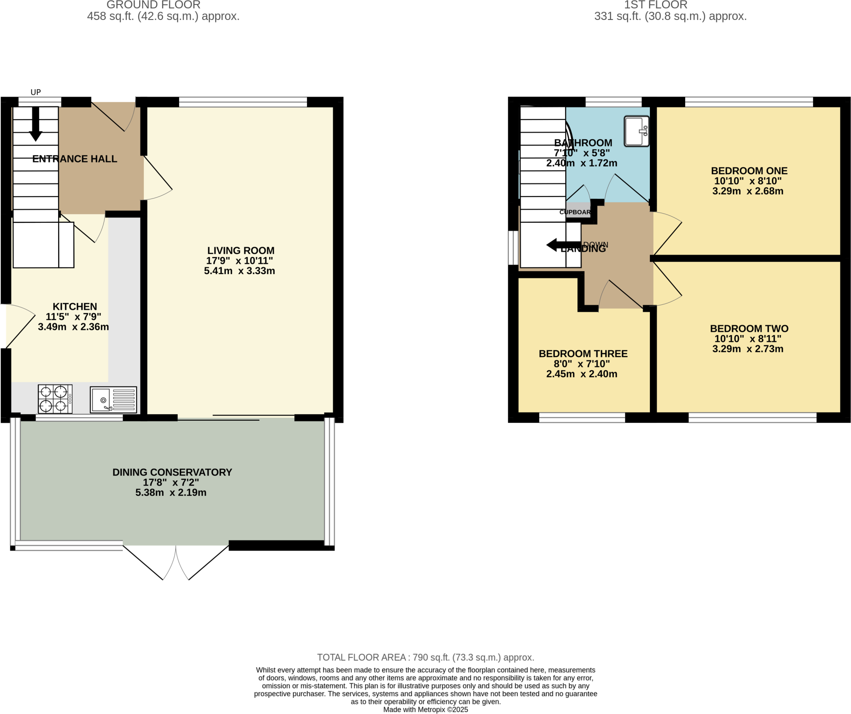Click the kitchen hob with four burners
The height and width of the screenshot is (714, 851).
pos(55,399)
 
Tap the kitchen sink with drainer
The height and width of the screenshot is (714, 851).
pos(113,400)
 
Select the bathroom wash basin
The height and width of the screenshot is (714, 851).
pos(636,131)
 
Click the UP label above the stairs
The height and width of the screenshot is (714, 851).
pos(36,92)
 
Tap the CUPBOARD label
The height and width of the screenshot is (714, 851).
pos(576,212)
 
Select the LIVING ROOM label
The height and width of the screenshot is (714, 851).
pos(241,250)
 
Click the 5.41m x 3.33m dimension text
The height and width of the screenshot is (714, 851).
pos(239,271)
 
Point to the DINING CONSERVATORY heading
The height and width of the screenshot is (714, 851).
pos(172,472)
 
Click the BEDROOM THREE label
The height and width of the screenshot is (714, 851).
pos(583,353)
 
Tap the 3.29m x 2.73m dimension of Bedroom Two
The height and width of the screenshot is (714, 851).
pos(748,349)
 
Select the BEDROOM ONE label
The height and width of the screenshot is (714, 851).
pos(749,171)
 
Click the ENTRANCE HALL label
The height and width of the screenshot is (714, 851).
pos(75,159)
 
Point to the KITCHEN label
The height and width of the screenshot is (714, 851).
pos(75,307)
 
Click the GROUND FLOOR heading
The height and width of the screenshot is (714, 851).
pos(153,5)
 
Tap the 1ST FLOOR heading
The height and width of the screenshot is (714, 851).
pos(655,5)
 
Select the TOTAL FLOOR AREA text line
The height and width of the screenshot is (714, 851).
pos(425,657)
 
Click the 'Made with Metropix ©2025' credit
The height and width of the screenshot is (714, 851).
pos(425,709)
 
